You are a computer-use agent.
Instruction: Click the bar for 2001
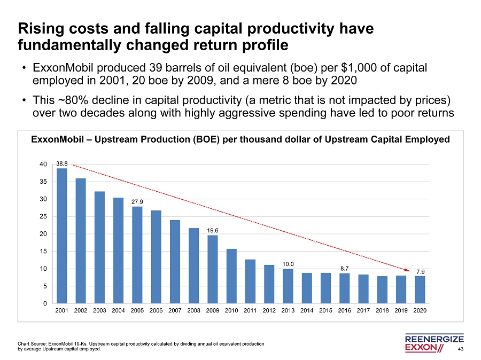(x=62, y=236)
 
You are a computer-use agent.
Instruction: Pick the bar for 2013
(x=288, y=286)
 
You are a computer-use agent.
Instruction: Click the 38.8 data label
(x=62, y=163)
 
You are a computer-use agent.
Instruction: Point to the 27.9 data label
(x=137, y=202)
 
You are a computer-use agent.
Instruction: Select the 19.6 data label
(x=213, y=231)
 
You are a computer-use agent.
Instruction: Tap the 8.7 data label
(x=345, y=268)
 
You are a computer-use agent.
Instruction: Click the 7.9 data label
(x=421, y=271)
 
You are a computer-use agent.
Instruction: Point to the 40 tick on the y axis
(x=44, y=165)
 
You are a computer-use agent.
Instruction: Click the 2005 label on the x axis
(x=137, y=310)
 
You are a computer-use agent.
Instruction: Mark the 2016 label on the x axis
(x=345, y=310)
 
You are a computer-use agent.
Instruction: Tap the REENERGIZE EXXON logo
(x=434, y=343)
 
